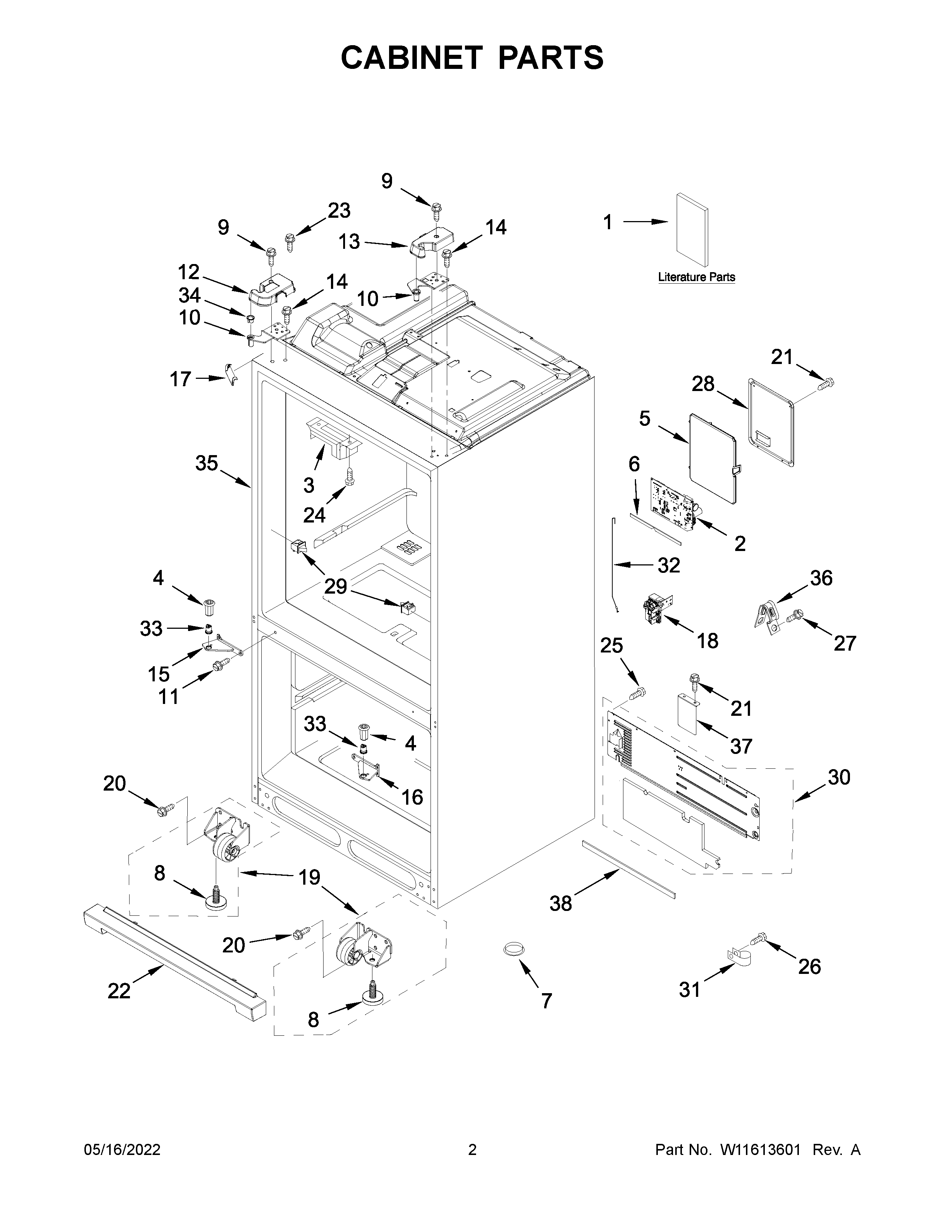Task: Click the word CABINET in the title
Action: pos(411,58)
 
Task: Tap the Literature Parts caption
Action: pos(696,277)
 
